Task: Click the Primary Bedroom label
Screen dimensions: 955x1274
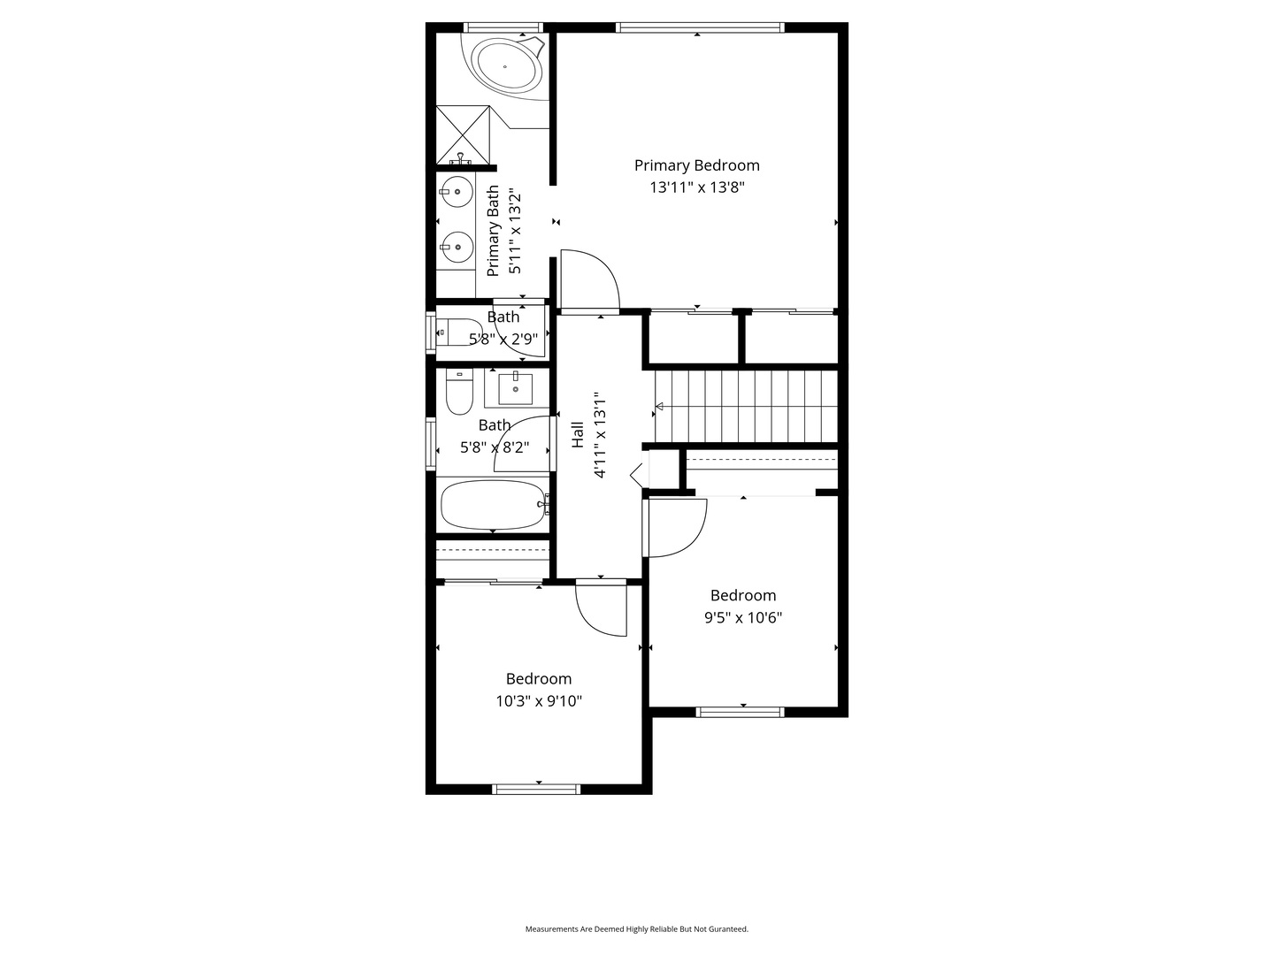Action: click(696, 165)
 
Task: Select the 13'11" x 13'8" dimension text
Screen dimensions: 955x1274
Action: click(697, 187)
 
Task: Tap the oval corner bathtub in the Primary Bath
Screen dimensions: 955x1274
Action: click(505, 65)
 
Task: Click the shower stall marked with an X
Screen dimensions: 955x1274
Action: click(463, 134)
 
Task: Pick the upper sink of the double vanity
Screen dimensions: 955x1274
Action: click(457, 190)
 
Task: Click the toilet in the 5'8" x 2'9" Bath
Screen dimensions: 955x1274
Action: click(458, 332)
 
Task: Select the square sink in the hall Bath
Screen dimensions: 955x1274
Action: click(515, 387)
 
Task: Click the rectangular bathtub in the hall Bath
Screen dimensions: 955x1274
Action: click(492, 504)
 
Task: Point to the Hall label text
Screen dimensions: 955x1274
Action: click(578, 434)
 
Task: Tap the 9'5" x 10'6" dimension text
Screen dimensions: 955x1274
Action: click(742, 618)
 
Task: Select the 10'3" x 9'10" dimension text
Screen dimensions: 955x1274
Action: click(538, 701)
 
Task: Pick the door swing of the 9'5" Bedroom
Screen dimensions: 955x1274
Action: click(677, 528)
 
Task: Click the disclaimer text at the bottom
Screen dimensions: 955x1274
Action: click(636, 929)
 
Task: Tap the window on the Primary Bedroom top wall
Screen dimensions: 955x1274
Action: click(699, 27)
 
